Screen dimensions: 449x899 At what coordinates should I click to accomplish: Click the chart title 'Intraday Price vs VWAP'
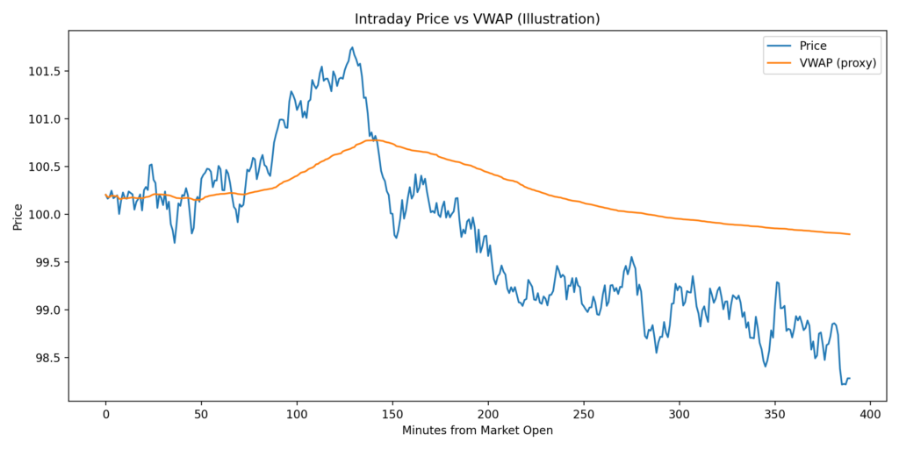(477, 18)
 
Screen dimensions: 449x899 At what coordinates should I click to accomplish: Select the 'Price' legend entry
(811, 46)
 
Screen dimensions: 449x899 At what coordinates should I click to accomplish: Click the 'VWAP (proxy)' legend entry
(834, 63)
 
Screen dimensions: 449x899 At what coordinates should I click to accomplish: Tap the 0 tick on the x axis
(106, 413)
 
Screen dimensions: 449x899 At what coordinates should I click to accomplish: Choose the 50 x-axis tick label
(202, 413)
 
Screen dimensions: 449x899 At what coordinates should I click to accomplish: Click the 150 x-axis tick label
(392, 413)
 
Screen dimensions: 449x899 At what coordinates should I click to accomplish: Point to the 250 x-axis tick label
(584, 413)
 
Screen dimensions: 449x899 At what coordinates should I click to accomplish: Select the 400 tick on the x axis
(870, 413)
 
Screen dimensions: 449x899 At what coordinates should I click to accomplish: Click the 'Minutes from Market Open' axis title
(477, 431)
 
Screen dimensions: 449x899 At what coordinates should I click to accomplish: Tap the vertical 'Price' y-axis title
(18, 215)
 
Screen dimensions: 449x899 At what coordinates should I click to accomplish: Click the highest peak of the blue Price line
(352, 47)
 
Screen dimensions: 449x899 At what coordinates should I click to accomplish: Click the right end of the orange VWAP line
(850, 234)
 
